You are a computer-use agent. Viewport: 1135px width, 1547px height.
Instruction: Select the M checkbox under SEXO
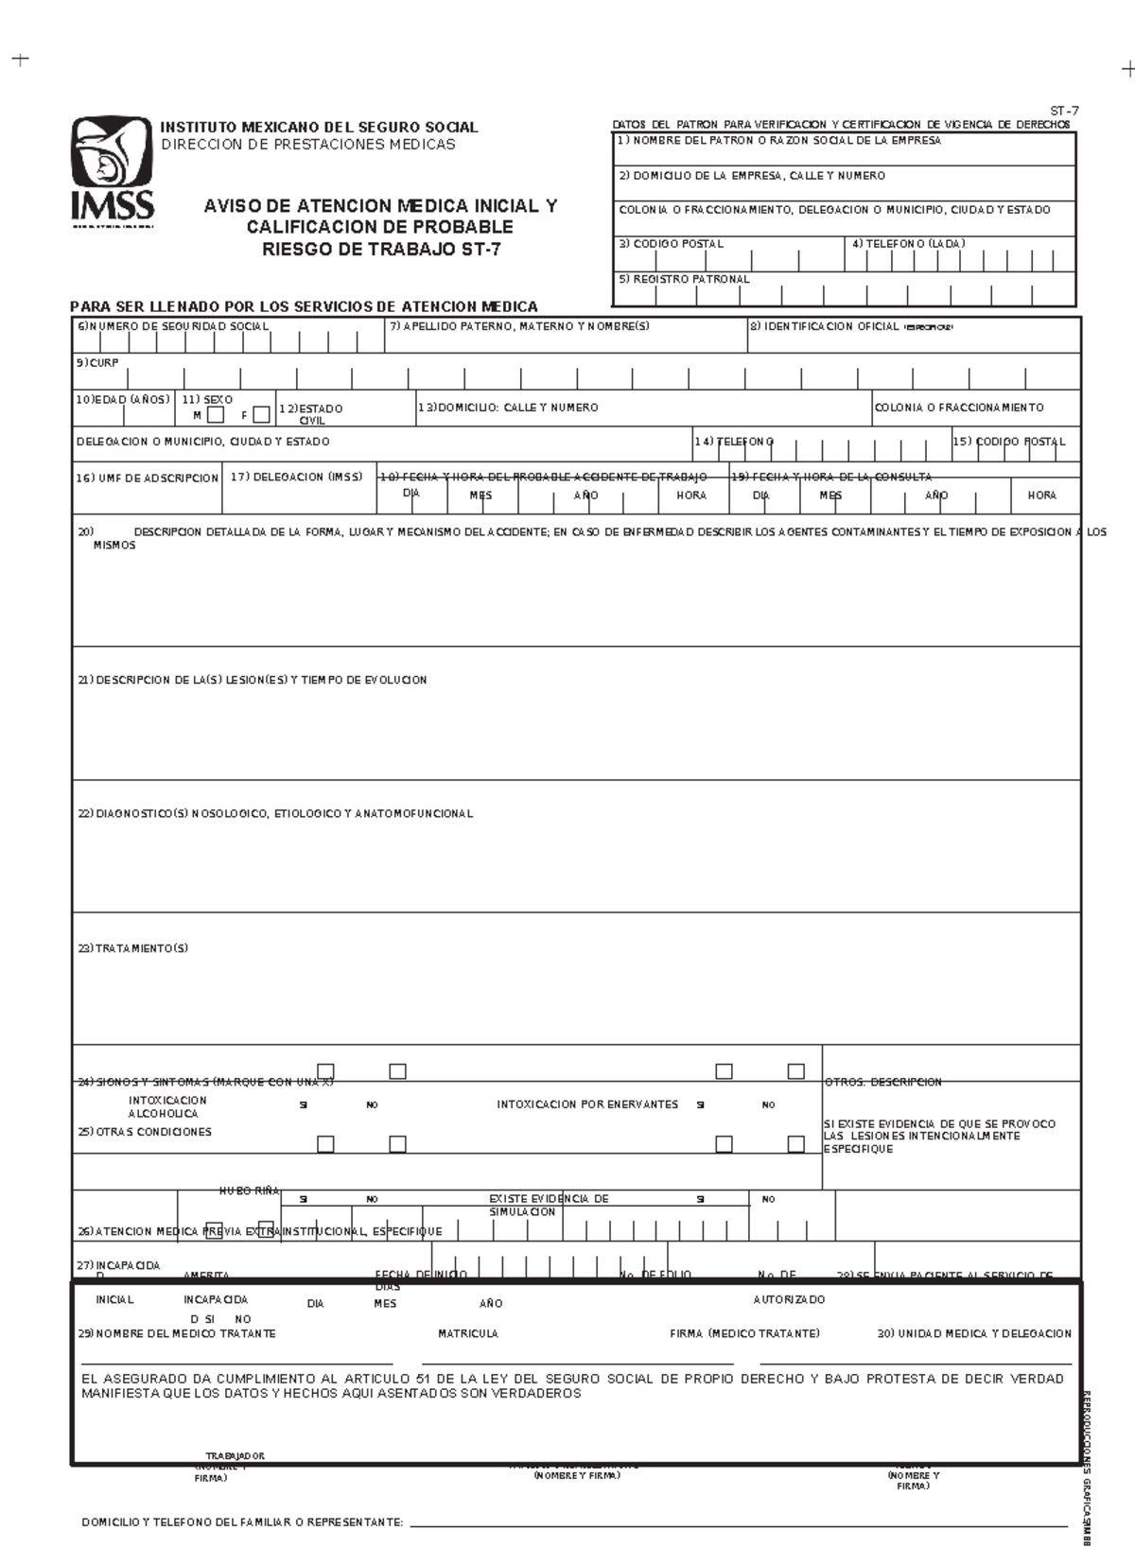pyautogui.click(x=216, y=414)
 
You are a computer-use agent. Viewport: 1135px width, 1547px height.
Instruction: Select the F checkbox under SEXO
pyautogui.click(x=261, y=414)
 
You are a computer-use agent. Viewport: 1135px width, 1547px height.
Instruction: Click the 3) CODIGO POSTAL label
pyautogui.click(x=671, y=244)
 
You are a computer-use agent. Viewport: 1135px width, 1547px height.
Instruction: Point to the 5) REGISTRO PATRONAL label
pyautogui.click(x=684, y=280)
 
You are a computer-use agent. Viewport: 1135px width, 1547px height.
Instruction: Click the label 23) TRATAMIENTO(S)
pyautogui.click(x=133, y=948)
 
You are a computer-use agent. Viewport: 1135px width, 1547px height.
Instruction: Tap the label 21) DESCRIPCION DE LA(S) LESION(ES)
pyautogui.click(x=252, y=680)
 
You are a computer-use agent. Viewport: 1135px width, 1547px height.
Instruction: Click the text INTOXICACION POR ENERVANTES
pyautogui.click(x=587, y=1104)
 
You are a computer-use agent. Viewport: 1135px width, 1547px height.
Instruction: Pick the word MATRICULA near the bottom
pyautogui.click(x=467, y=1333)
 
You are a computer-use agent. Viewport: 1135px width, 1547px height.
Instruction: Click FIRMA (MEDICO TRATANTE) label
pyautogui.click(x=744, y=1333)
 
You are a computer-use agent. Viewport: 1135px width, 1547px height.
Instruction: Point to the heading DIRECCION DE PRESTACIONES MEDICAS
pyautogui.click(x=307, y=145)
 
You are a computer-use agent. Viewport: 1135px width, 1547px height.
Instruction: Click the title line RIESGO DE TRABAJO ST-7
pyautogui.click(x=381, y=250)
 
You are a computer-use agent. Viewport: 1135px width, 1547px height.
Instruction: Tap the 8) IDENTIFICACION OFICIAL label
pyautogui.click(x=824, y=326)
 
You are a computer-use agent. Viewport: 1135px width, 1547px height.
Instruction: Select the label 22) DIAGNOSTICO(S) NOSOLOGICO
pyautogui.click(x=274, y=814)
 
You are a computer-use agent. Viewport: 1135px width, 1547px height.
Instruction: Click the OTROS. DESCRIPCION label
pyautogui.click(x=883, y=1082)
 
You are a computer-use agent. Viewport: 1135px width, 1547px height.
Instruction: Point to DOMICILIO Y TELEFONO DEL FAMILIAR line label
pyautogui.click(x=242, y=1522)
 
